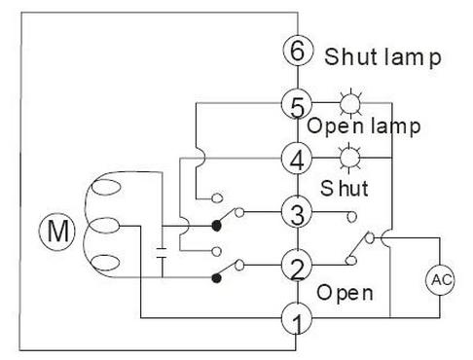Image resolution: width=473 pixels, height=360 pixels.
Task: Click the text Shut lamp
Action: [x=383, y=55]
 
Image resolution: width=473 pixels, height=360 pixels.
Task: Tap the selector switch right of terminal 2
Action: [x=362, y=247]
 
